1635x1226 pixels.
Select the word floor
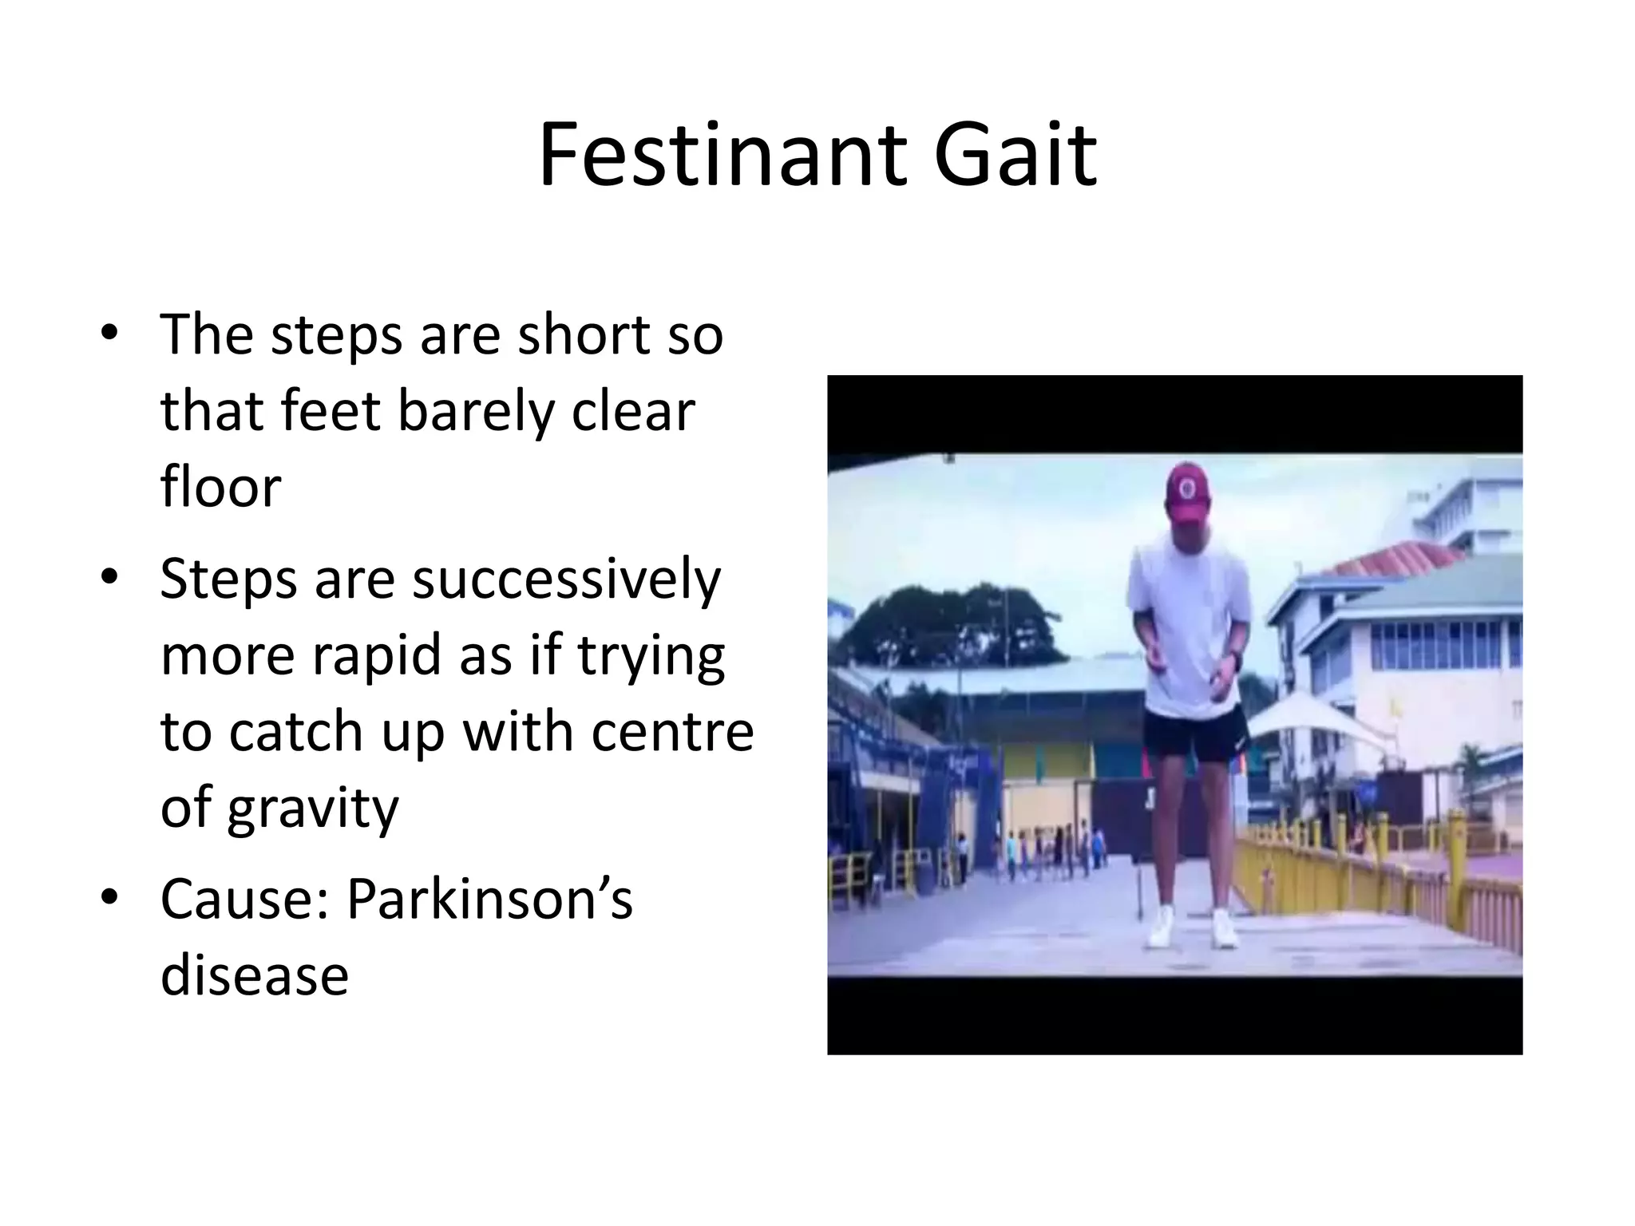click(220, 486)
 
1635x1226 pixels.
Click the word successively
click(566, 580)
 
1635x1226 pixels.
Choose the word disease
click(255, 975)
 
